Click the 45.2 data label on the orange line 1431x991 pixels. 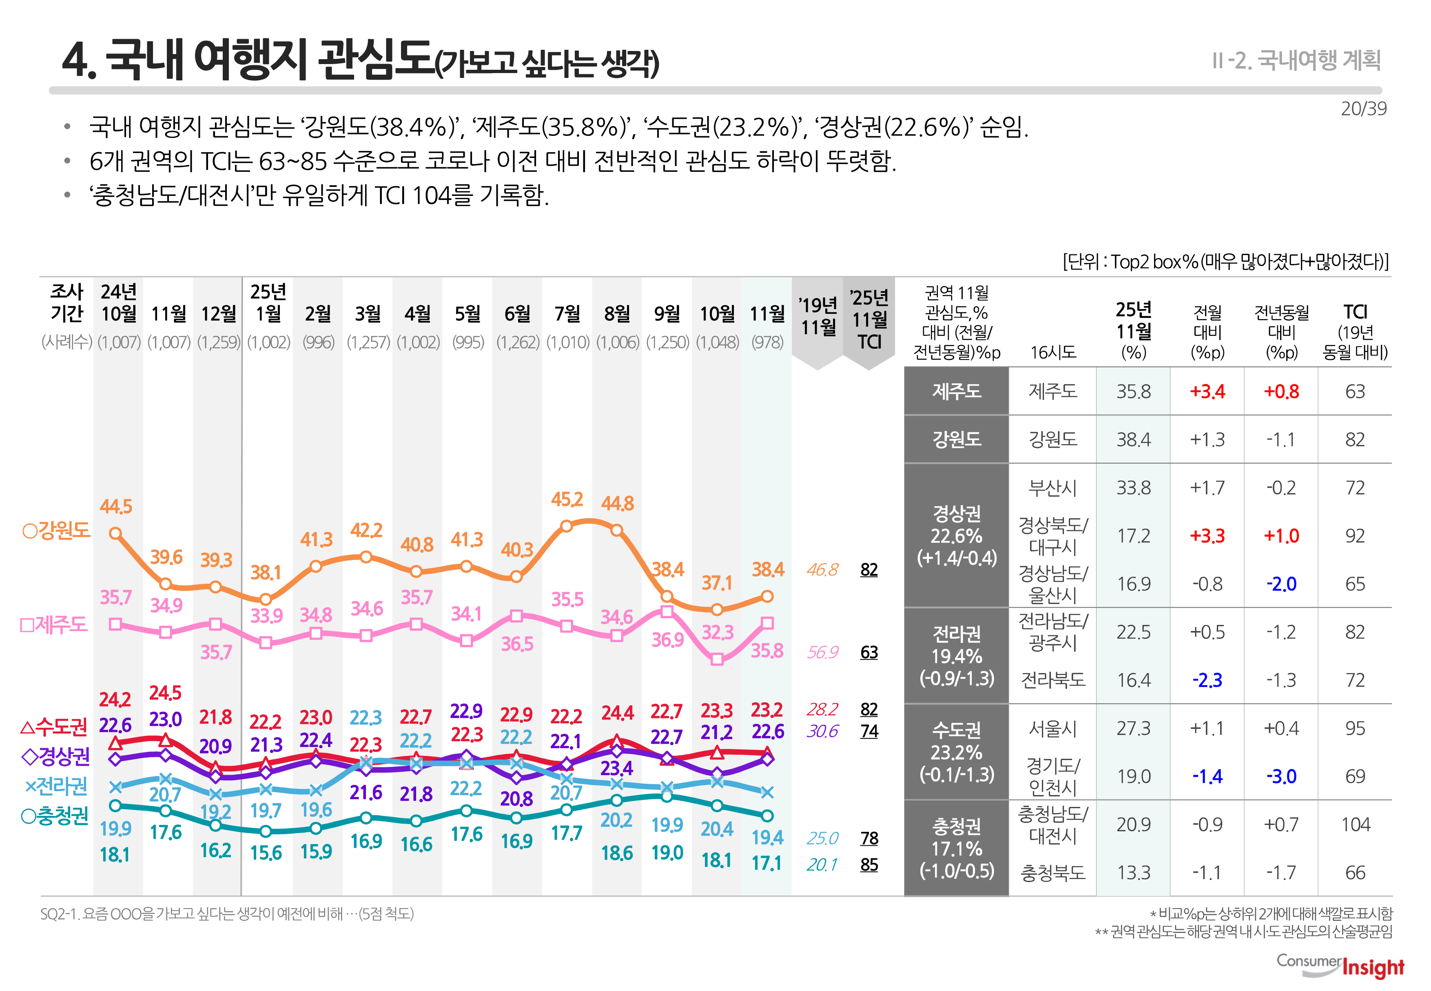[567, 499]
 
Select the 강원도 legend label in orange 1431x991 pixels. [56, 530]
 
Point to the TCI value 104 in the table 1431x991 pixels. [1355, 824]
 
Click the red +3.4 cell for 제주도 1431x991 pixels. [1207, 391]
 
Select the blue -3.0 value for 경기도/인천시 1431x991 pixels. [1281, 776]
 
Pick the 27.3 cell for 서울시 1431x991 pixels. [1133, 728]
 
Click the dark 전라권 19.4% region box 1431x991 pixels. [956, 655]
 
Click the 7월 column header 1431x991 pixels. [567, 313]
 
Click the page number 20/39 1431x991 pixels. [1363, 109]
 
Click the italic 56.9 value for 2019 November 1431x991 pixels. [822, 652]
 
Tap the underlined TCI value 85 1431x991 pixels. [869, 864]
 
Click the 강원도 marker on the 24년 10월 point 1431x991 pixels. [115, 533]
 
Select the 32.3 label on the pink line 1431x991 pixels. [718, 632]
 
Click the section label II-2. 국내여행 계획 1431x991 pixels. [1296, 60]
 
